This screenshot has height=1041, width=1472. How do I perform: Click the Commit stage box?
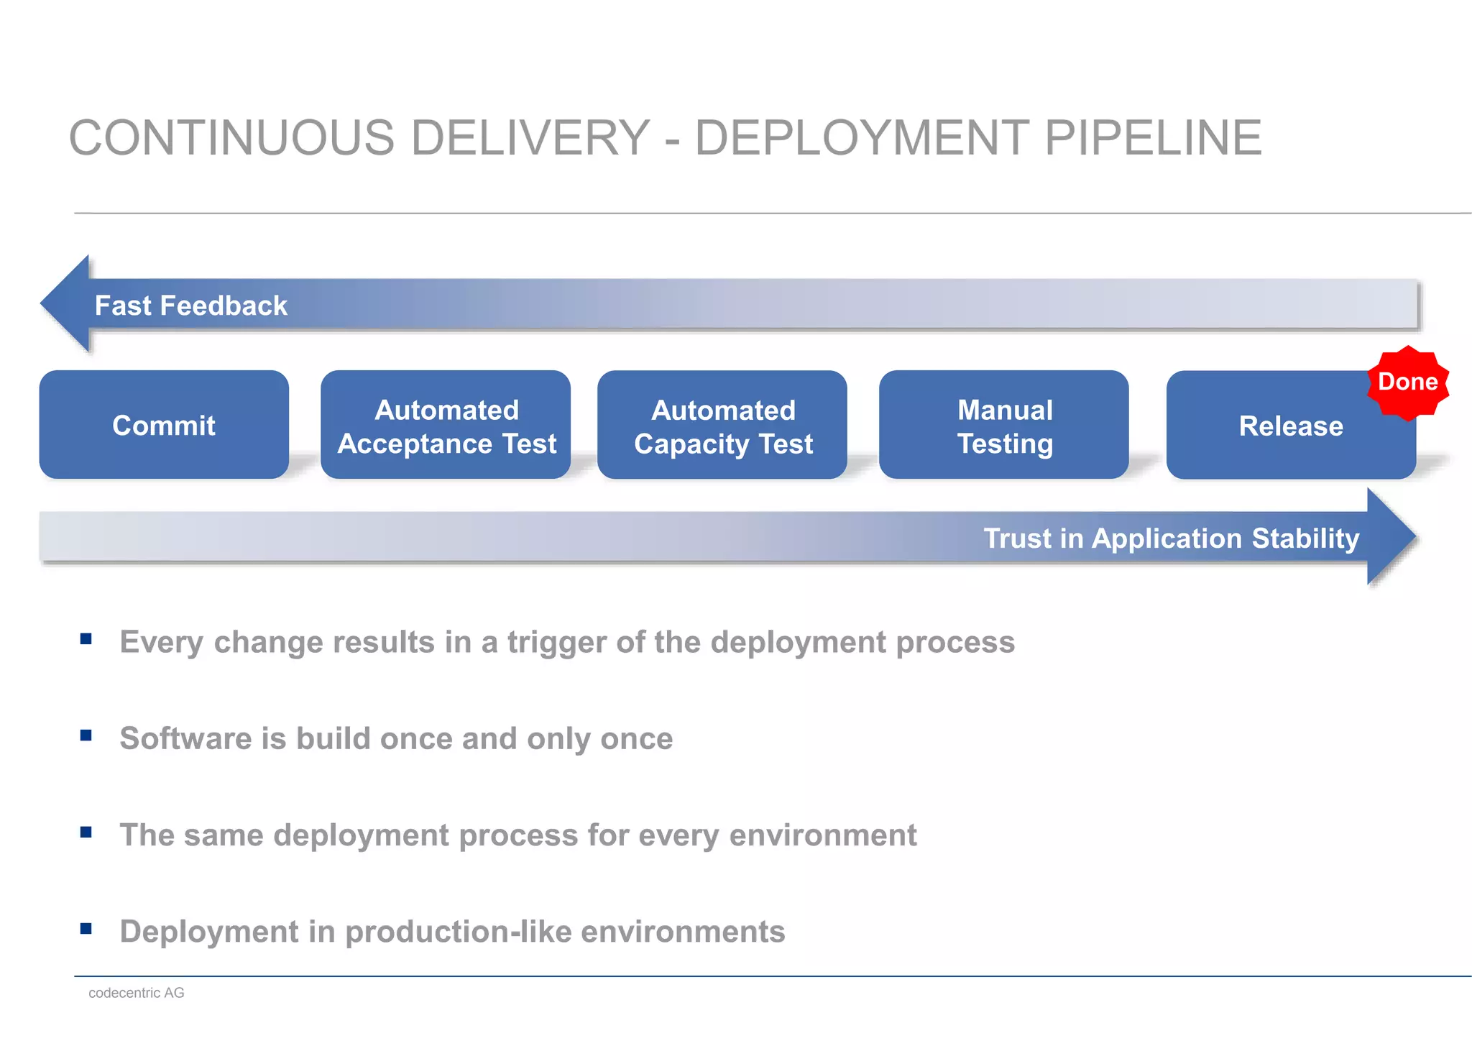click(164, 425)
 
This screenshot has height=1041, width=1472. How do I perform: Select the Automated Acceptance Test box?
click(446, 425)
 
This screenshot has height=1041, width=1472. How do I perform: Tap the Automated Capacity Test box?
click(722, 425)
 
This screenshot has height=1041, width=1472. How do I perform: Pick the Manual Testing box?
click(1004, 425)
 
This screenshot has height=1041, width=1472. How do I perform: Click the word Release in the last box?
click(1291, 426)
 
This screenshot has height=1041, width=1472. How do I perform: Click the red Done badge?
click(1407, 382)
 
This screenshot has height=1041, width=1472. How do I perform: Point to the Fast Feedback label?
click(190, 306)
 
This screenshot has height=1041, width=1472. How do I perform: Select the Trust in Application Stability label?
click(1171, 538)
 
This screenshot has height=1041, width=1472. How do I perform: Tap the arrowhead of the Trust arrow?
click(1391, 537)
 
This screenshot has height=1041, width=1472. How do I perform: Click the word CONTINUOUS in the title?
click(231, 138)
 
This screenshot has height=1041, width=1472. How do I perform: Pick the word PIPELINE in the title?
click(1152, 138)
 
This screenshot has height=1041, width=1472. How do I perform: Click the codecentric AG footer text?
click(137, 993)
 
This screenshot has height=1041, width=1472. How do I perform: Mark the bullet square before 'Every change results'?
click(86, 638)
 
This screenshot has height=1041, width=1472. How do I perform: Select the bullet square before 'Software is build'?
click(86, 735)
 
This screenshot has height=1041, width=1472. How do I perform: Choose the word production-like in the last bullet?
click(458, 932)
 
